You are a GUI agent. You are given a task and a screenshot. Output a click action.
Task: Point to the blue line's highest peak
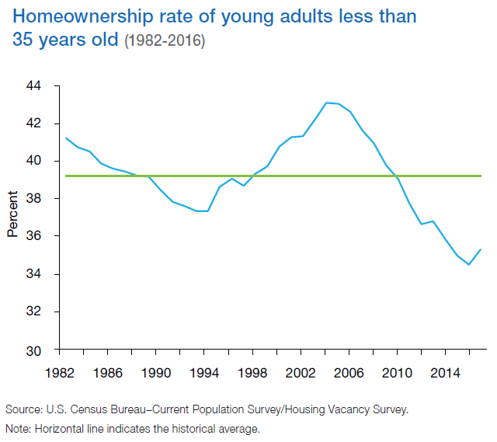tap(327, 103)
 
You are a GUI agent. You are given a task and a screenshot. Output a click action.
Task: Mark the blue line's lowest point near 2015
tap(468, 264)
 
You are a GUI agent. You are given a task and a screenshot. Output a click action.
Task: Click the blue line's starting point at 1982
tap(65, 138)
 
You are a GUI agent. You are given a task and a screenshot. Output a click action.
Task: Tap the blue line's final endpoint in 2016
tap(480, 249)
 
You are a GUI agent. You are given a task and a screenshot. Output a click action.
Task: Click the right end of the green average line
tap(481, 176)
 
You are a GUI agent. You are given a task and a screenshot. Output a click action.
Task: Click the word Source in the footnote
tap(23, 409)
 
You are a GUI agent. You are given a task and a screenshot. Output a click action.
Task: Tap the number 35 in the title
tap(23, 41)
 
